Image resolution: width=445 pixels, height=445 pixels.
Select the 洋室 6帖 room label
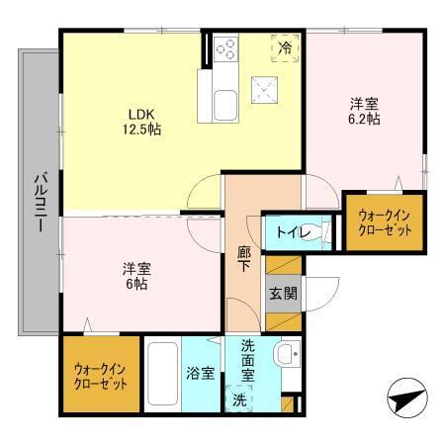click(x=137, y=275)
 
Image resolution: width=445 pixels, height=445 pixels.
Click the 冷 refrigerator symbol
click(x=285, y=47)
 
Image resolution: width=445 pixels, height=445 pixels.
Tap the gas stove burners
click(x=225, y=48)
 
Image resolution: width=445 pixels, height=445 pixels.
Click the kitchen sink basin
click(x=222, y=102)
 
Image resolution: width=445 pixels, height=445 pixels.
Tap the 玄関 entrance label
click(x=281, y=294)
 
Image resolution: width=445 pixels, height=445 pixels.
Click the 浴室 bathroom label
click(x=202, y=374)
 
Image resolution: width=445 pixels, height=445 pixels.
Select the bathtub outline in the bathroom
click(x=161, y=374)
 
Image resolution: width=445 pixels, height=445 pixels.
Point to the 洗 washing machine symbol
click(x=239, y=400)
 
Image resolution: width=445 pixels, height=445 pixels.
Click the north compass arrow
click(x=404, y=400)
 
